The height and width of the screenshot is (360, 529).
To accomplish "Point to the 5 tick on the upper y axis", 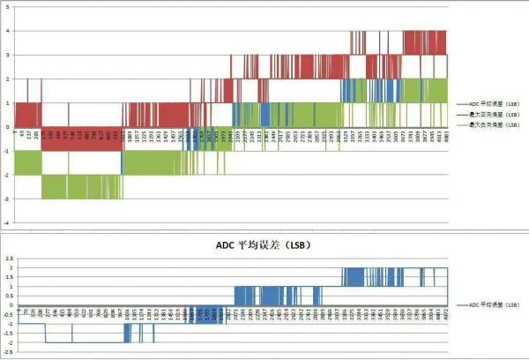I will coord(9,8).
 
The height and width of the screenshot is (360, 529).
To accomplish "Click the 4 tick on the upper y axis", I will coord(9,32).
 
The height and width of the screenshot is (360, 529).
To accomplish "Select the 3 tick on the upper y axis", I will coord(9,56).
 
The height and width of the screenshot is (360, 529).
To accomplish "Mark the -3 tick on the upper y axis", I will coord(8,199).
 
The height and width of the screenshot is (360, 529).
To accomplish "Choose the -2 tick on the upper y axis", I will coord(8,175).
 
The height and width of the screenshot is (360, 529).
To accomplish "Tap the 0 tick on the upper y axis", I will coord(9,127).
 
